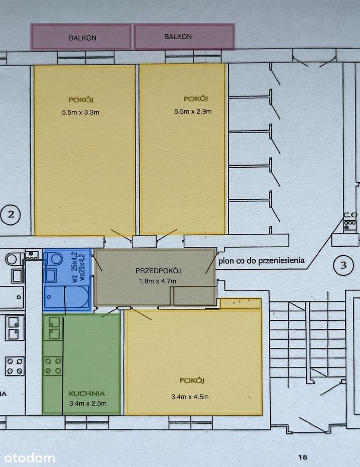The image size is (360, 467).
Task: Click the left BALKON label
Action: tap(82, 38)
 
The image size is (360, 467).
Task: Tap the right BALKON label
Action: tap(178, 36)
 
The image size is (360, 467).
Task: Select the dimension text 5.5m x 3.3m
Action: tap(81, 112)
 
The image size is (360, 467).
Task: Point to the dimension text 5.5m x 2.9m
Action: tap(193, 111)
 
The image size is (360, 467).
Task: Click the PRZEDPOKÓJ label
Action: tap(159, 271)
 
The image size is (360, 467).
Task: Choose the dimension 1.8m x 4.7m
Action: tap(158, 281)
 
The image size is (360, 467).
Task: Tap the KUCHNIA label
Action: tap(87, 394)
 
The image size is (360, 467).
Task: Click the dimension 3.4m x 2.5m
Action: tap(88, 404)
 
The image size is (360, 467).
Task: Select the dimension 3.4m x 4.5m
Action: tap(190, 397)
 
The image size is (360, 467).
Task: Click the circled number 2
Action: tap(11, 214)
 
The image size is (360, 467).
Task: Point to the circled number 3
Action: tap(343, 265)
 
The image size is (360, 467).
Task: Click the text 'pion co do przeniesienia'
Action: tap(262, 261)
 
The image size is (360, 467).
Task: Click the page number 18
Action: tap(303, 457)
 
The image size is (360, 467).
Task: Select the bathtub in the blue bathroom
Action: tap(67, 297)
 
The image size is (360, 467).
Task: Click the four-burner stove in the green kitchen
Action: tap(54, 366)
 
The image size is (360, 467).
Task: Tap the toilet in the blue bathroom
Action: tap(54, 259)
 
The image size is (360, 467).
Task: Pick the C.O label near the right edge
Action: tap(350, 215)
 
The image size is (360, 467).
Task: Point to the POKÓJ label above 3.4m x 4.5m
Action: tap(192, 380)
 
